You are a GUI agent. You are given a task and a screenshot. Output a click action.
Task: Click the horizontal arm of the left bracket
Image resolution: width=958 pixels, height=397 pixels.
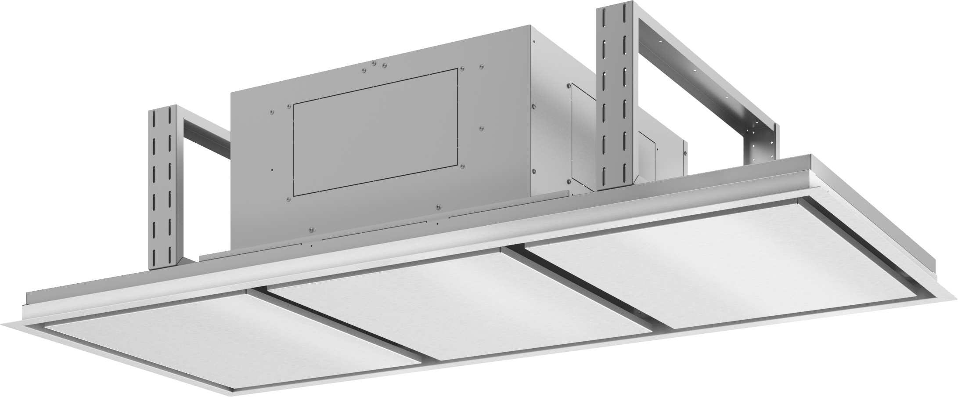[206, 132]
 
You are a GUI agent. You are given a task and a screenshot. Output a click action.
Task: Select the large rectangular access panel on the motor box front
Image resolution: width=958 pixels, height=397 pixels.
[375, 132]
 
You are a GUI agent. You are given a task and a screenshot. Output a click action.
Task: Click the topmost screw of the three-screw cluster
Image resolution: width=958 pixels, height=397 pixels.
[374, 63]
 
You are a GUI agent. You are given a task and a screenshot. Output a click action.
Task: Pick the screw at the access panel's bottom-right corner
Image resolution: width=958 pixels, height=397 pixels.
[462, 166]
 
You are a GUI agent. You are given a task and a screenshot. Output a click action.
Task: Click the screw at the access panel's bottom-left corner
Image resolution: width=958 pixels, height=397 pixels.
[289, 199]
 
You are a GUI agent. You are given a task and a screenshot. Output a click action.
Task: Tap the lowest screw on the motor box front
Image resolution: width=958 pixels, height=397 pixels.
[311, 229]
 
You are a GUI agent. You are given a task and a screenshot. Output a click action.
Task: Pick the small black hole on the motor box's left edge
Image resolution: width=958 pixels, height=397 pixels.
[273, 169]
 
